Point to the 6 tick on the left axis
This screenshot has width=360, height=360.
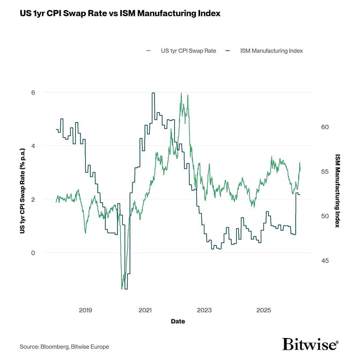tap(48, 93)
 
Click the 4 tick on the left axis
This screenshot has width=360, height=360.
tap(48, 146)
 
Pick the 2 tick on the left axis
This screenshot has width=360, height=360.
tap(48, 200)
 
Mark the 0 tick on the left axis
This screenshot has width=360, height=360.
tap(48, 253)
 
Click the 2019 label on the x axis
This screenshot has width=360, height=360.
tap(85, 311)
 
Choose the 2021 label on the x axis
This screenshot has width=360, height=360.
tap(145, 311)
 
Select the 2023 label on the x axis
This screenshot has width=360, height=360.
tap(204, 311)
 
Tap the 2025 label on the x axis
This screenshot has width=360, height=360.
tap(263, 311)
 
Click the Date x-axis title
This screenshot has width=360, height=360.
tap(178, 321)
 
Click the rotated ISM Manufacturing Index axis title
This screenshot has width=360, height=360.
tap(337, 190)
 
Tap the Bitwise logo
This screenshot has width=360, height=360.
tap(311, 344)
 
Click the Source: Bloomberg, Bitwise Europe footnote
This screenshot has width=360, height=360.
tap(64, 347)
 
